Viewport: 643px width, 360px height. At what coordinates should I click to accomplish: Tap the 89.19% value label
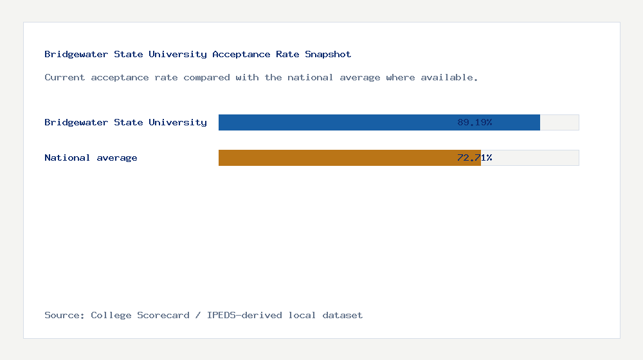(475, 122)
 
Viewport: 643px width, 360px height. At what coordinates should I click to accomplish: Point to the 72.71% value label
(475, 157)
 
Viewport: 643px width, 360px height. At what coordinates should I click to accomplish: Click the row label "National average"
(91, 157)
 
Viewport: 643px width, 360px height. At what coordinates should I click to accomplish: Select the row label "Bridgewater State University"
(125, 122)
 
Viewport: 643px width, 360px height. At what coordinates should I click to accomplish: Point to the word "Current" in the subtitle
(65, 77)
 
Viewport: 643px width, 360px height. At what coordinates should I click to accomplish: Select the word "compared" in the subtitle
(206, 77)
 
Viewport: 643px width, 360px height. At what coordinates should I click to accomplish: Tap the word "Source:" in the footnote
(64, 315)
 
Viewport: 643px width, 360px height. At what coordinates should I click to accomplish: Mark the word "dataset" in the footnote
(343, 315)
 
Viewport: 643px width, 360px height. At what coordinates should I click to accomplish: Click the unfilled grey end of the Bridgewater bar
(559, 122)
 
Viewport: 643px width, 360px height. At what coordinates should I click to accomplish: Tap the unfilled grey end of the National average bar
(530, 157)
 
